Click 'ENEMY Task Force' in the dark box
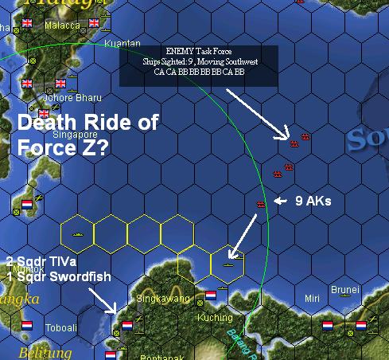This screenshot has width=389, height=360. click(199, 52)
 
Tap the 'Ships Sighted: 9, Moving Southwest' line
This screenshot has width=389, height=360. click(199, 61)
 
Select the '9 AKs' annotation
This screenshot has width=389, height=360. click(313, 202)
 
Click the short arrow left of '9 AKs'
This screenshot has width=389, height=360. click(279, 202)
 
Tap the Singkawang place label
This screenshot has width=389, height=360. click(164, 299)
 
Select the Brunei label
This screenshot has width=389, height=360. click(345, 290)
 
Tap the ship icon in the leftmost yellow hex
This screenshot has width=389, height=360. click(78, 236)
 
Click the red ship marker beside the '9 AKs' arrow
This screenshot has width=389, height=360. click(261, 204)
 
